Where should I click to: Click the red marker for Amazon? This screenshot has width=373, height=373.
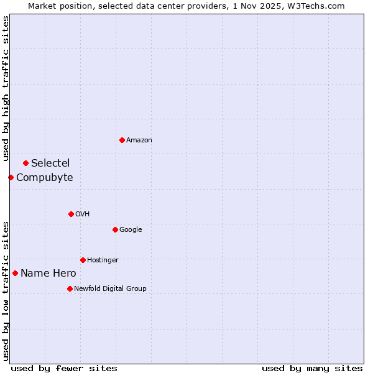click(x=122, y=140)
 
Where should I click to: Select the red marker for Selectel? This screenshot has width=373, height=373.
click(x=25, y=163)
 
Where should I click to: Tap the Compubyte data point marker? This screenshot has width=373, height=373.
click(x=11, y=177)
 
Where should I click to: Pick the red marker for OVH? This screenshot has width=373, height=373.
click(x=71, y=214)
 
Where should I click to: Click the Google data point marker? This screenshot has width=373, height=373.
click(x=115, y=229)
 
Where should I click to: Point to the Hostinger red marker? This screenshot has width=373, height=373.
click(x=83, y=260)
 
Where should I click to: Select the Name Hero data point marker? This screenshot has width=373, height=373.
click(x=15, y=273)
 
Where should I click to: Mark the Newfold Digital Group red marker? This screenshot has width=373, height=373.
click(x=70, y=288)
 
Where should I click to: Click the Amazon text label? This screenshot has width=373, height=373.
click(x=139, y=140)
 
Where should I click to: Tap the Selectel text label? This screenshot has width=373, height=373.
click(x=50, y=163)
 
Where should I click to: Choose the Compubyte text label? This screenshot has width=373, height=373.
click(x=45, y=178)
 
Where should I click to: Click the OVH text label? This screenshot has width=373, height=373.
click(x=83, y=214)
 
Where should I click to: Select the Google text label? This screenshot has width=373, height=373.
click(x=131, y=230)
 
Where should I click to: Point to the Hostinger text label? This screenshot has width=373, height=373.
click(x=103, y=260)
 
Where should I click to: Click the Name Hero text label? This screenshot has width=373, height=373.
click(x=48, y=274)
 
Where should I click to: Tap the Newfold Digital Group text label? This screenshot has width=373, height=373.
click(x=110, y=289)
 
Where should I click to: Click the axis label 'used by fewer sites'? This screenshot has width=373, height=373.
click(x=64, y=368)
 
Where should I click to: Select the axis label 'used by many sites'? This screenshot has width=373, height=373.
click(x=312, y=368)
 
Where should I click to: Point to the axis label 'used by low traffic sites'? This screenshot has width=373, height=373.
click(x=6, y=291)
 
